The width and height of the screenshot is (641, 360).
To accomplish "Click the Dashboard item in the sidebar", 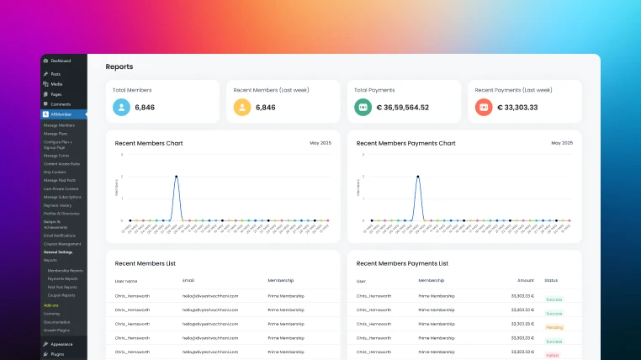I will [x=61, y=61].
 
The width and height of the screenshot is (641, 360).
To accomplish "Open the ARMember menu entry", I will [x=61, y=114].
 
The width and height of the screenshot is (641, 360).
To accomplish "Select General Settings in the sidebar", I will [x=58, y=252].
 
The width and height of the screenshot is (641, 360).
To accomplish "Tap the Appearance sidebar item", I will [x=61, y=344].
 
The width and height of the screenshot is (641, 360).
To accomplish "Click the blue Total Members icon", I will [x=122, y=108].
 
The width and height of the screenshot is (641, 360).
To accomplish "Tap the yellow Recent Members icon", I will [x=242, y=108].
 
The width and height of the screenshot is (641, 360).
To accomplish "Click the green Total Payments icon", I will [x=363, y=108].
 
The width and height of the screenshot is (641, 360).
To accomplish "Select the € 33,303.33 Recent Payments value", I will [x=517, y=108].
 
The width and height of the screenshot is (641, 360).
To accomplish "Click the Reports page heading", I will [x=119, y=66].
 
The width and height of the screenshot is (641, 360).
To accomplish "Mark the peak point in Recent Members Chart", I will [x=176, y=177].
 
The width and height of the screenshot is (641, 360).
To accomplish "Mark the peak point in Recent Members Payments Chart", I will [x=417, y=177].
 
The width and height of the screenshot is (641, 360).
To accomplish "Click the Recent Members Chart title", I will [x=149, y=143].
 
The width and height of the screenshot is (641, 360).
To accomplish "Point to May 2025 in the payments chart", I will [x=562, y=143].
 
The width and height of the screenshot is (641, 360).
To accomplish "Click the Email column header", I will [x=188, y=280].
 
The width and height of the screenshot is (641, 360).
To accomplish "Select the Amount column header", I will [x=525, y=280].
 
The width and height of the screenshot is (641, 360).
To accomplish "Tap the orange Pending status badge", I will [x=554, y=326].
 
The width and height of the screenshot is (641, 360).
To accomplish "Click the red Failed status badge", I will [x=552, y=356].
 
